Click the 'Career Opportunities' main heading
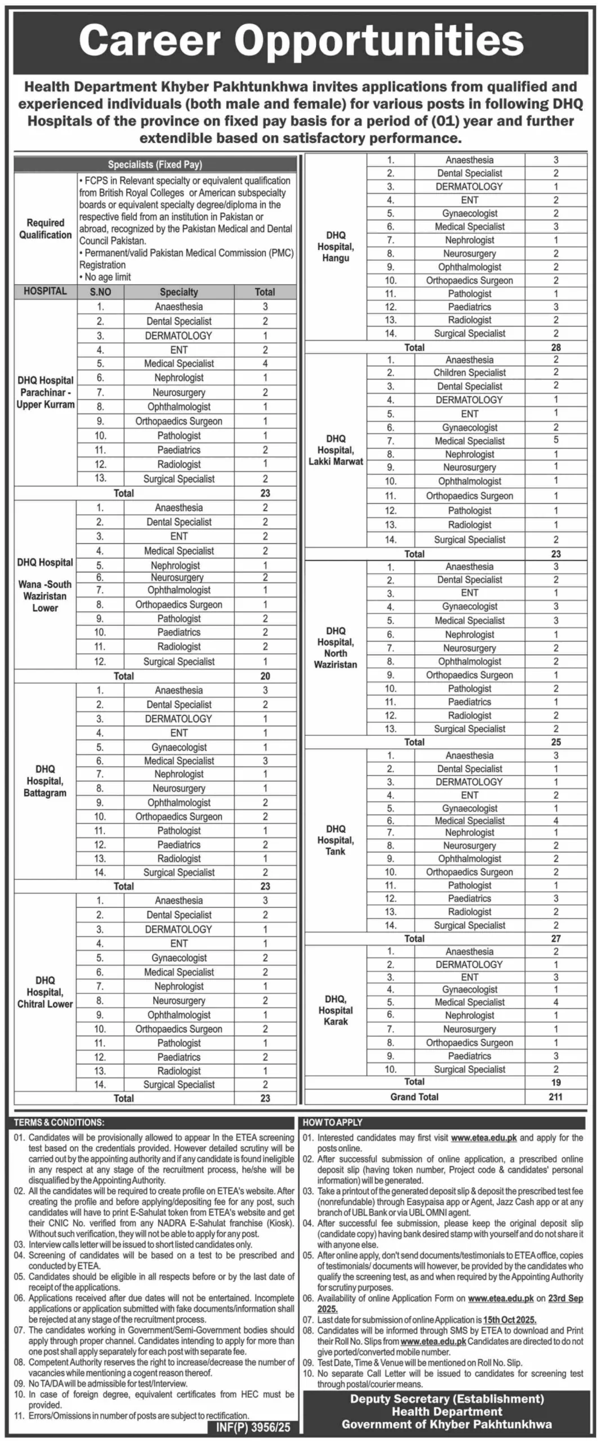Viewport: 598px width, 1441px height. pos(301,41)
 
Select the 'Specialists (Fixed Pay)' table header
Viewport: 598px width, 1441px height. pos(155,164)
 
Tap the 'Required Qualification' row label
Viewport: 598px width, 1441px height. pos(45,229)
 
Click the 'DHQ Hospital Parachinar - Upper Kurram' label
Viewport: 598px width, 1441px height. pos(45,392)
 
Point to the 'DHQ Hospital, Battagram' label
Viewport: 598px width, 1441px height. pos(45,781)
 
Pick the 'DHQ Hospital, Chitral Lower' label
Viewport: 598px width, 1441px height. pos(45,992)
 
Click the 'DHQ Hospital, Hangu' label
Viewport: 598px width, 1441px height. pos(336,247)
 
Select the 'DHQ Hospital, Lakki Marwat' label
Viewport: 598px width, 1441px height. pos(336,450)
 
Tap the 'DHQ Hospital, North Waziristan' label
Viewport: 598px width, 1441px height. pos(336,647)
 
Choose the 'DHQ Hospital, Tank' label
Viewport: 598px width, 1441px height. pos(336,840)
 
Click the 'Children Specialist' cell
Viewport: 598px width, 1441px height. pos(469,373)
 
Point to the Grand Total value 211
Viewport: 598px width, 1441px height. pos(555,1097)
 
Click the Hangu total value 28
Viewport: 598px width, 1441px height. pos(555,347)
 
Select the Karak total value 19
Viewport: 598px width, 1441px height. pos(555,1082)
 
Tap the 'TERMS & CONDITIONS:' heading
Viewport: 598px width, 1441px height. pos(59,1122)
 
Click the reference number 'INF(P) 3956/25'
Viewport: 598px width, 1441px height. pos(253,1427)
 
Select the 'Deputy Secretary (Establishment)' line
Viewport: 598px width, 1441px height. pos(447,1399)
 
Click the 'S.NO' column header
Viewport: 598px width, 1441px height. pos(100,292)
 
